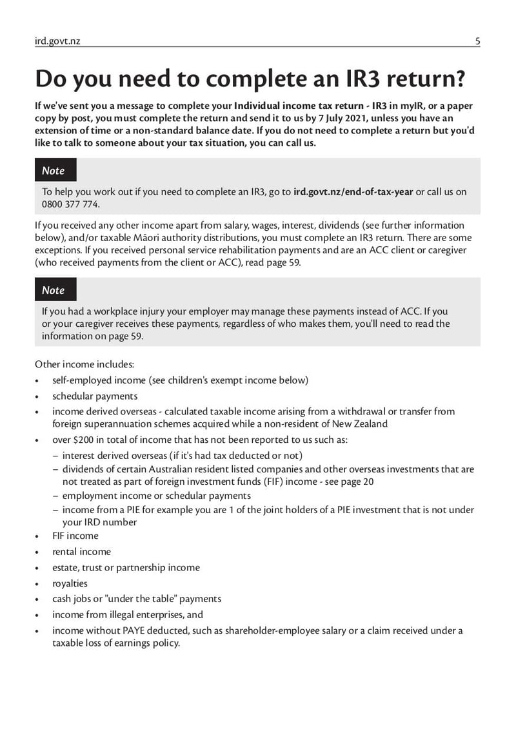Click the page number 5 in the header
tap(477, 41)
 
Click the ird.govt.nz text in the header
tap(57, 41)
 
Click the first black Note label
tap(54, 171)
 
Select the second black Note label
tap(54, 290)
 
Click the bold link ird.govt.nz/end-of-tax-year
tap(353, 191)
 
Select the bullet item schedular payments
tap(95, 396)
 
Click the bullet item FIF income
tap(75, 536)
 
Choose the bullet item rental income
tap(81, 552)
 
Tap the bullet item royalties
tap(70, 583)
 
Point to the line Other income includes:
tap(84, 364)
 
